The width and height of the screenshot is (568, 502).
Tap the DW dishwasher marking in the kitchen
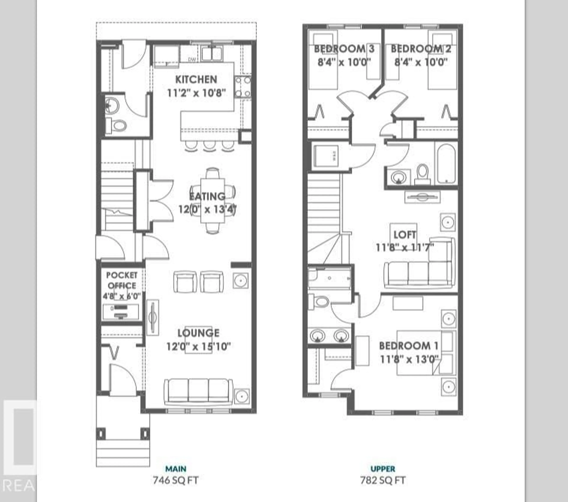(x=192, y=59)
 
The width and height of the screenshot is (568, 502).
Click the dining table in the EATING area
(x=213, y=200)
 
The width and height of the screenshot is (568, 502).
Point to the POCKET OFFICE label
(x=122, y=280)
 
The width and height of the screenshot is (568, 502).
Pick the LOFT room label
(x=405, y=235)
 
